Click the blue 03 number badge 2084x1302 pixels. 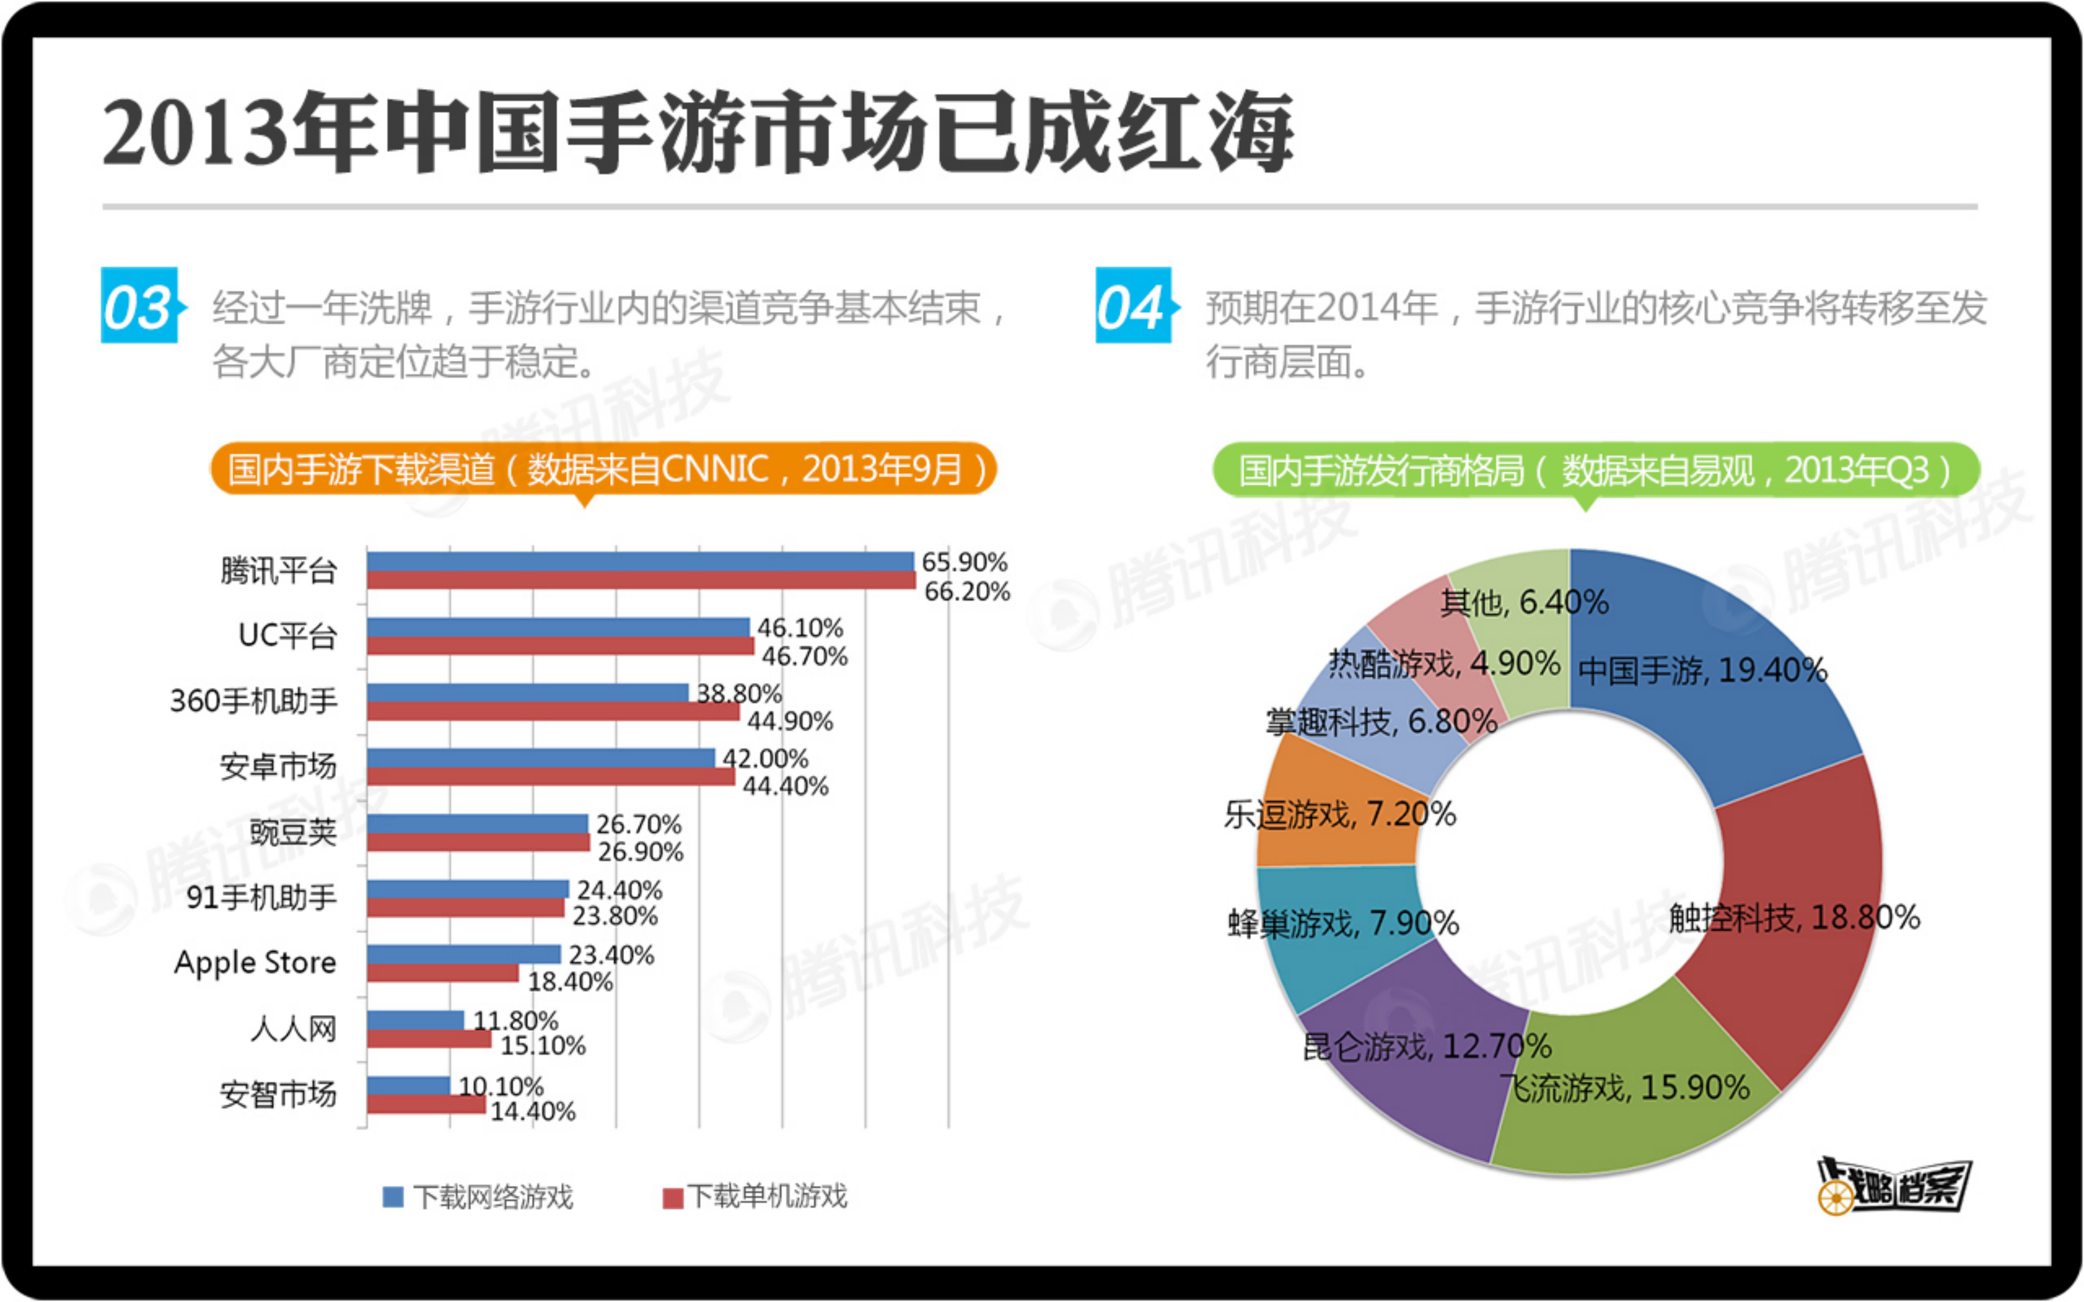pyautogui.click(x=139, y=306)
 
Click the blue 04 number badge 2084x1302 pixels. pyautogui.click(x=1133, y=306)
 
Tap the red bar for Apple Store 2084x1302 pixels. pyautogui.click(x=443, y=973)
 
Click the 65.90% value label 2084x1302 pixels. pyautogui.click(x=964, y=562)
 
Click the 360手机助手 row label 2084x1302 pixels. pyautogui.click(x=253, y=701)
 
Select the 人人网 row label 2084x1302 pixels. pyautogui.click(x=293, y=1028)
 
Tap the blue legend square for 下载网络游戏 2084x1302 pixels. pyautogui.click(x=393, y=1197)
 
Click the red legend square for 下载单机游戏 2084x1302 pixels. pyautogui.click(x=672, y=1198)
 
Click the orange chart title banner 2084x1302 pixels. pyautogui.click(x=603, y=469)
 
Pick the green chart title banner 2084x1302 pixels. pyautogui.click(x=1595, y=470)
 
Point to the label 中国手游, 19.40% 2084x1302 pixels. pyautogui.click(x=1702, y=671)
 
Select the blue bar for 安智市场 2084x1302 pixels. pyautogui.click(x=408, y=1085)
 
